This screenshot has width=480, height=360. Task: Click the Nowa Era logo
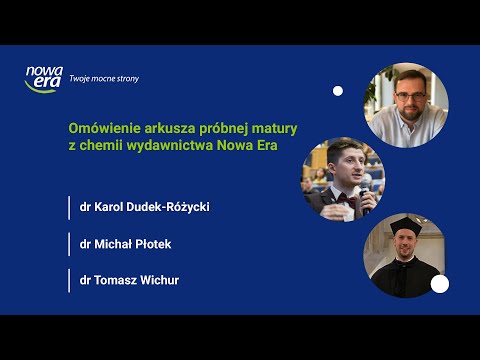pos(44,78)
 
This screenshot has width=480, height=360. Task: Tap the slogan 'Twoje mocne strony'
pos(105,78)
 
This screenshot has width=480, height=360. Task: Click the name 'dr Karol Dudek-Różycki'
pos(145,208)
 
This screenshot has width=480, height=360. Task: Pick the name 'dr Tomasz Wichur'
pos(129,280)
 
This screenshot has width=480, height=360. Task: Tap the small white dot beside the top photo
pos(338,91)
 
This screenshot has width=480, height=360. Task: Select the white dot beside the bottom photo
pos(439,284)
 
